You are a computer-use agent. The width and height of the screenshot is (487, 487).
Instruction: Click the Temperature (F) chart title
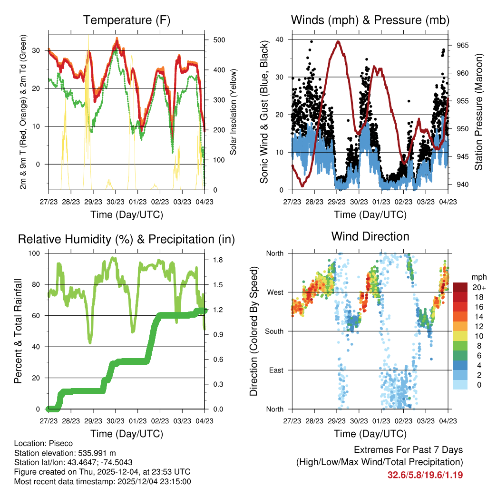127,20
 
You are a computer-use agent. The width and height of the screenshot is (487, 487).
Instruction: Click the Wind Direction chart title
370,236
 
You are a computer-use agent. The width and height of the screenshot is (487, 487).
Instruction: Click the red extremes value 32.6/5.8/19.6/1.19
425,475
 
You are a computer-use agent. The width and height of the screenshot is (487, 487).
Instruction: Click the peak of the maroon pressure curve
338,41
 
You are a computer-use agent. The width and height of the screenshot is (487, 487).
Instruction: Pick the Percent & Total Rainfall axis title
17,331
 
